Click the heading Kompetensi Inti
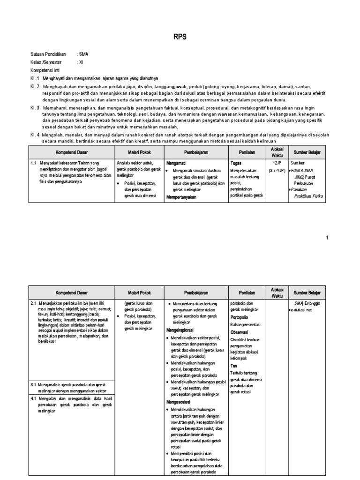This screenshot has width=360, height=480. point(46,69)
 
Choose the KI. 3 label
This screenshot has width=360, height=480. point(36,107)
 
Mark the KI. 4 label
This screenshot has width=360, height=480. point(36,135)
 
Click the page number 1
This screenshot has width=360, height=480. point(328,238)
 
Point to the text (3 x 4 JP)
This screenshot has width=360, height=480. point(276,170)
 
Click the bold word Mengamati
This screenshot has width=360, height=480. point(177,163)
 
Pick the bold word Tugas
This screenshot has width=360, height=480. point(236,163)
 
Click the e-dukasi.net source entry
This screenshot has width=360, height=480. point(301,310)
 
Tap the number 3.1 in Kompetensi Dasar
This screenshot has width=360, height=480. point(34,384)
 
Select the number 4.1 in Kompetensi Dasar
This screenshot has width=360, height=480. point(34,398)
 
